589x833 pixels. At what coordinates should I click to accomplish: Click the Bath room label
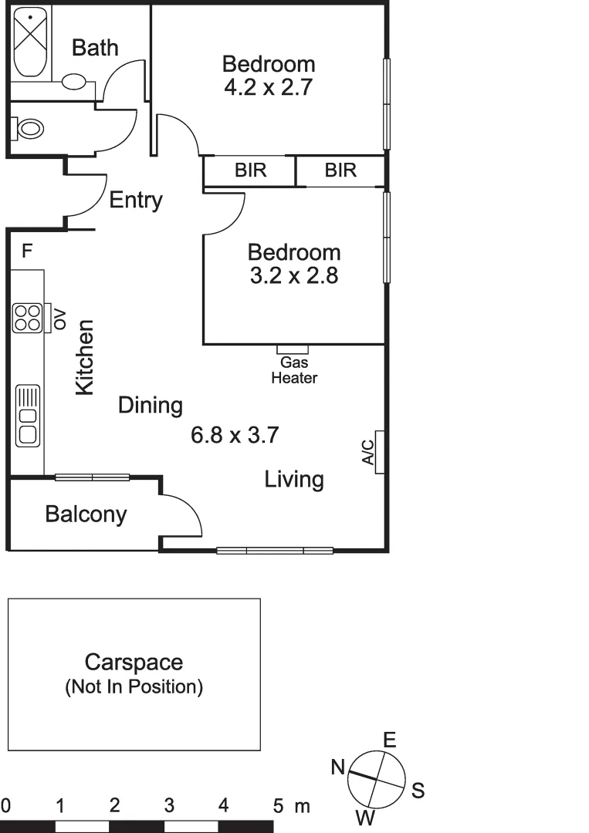95,48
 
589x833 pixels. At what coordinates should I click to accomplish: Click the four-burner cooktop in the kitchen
27,318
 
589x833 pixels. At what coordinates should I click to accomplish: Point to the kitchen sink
28,416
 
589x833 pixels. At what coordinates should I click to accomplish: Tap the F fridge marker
27,251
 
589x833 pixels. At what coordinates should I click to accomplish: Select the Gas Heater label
294,370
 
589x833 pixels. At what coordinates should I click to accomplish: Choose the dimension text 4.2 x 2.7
268,87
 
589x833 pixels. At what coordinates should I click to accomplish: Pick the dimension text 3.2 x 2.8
294,276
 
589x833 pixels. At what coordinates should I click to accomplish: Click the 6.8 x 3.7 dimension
235,436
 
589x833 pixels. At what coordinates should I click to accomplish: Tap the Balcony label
86,514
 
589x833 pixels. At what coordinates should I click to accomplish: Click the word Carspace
134,662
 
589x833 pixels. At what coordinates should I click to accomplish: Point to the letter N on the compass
338,767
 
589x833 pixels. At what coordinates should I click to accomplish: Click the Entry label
136,201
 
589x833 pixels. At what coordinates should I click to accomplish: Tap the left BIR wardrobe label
250,170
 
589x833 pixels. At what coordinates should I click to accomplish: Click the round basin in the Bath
74,81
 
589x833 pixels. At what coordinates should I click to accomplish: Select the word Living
294,480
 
